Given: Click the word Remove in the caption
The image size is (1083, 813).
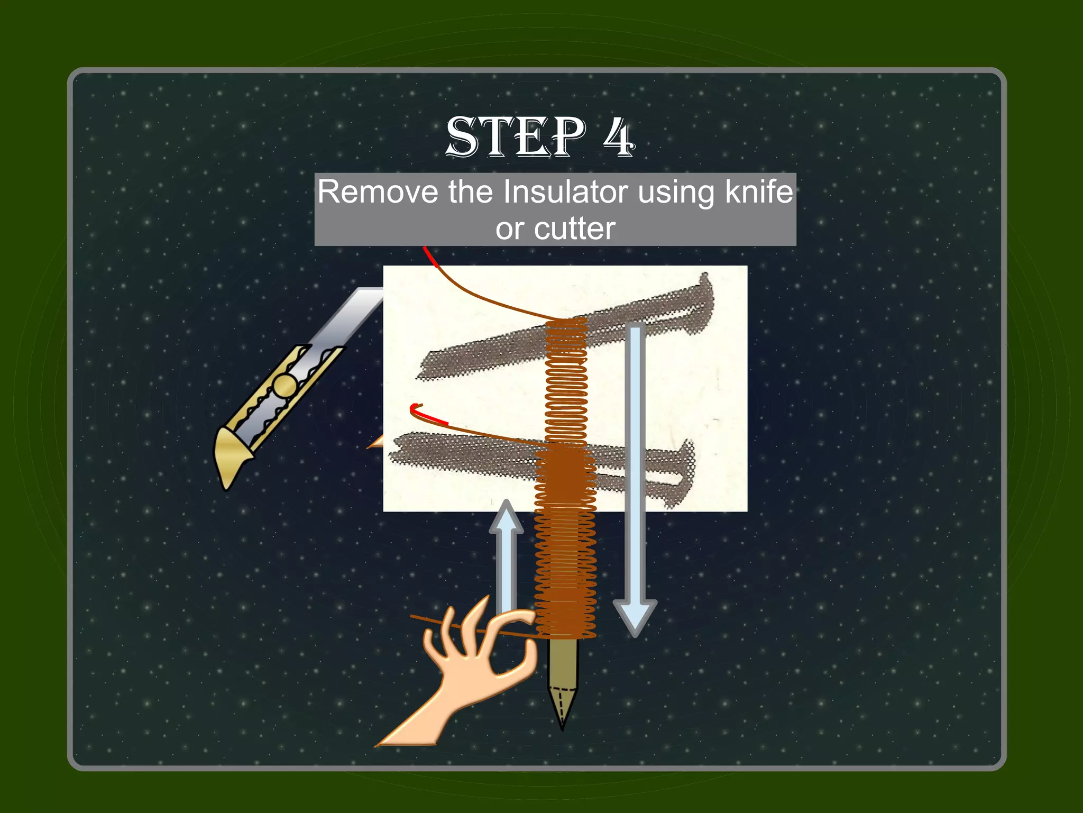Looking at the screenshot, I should (x=378, y=191).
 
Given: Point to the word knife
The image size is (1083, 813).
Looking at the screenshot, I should (x=759, y=191).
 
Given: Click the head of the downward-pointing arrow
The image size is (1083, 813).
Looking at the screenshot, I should (x=635, y=617).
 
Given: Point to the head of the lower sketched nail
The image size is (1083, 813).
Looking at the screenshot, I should (x=687, y=465).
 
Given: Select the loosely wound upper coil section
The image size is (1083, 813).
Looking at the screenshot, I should (x=566, y=381).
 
